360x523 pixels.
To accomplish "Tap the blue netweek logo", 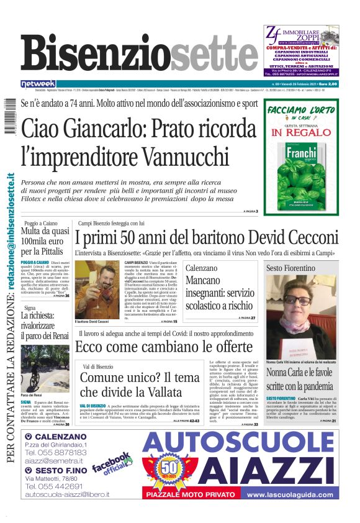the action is [x=38, y=83].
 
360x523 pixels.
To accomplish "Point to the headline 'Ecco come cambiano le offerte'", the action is [x=164, y=347].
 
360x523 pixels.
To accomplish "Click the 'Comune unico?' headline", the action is [x=140, y=384].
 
